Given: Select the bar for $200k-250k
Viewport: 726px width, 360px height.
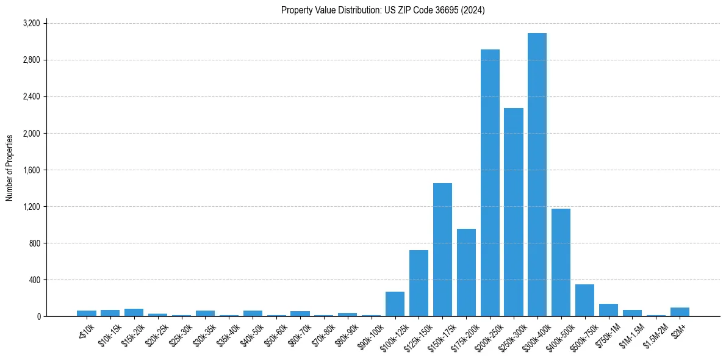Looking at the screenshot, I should tap(490, 183).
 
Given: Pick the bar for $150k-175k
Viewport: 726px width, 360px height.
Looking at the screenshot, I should tap(442, 250).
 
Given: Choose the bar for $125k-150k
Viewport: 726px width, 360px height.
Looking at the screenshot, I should tap(419, 283).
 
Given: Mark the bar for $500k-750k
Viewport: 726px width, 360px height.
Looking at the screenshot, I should tap(584, 300).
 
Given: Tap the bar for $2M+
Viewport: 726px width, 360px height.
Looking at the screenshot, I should tap(680, 312).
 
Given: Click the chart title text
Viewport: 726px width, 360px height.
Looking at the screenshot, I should tap(383, 10).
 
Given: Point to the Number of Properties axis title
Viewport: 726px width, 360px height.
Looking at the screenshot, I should tap(10, 168).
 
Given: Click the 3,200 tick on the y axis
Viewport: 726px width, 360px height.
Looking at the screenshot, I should tap(31, 23).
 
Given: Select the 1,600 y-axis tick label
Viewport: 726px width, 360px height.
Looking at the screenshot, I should tap(31, 170).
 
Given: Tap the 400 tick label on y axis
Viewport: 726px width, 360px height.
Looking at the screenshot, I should tap(34, 279).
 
